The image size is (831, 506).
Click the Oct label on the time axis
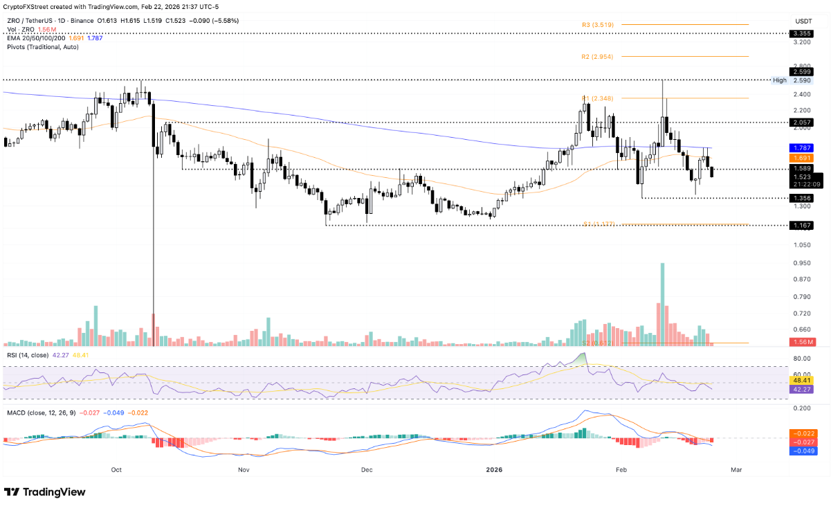(x=116, y=470)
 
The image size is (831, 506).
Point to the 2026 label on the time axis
(x=494, y=470)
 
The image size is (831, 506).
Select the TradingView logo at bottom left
(x=46, y=491)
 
